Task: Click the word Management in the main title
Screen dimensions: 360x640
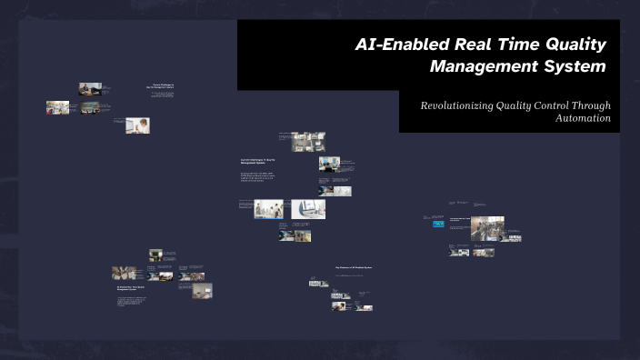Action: pyautogui.click(x=483, y=67)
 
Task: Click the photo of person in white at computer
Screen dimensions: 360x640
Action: pyautogui.click(x=137, y=125)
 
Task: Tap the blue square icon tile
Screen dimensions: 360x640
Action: pyautogui.click(x=439, y=222)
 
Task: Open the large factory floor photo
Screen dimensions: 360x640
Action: pyautogui.click(x=487, y=228)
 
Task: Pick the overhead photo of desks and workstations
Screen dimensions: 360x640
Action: pyautogui.click(x=309, y=142)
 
